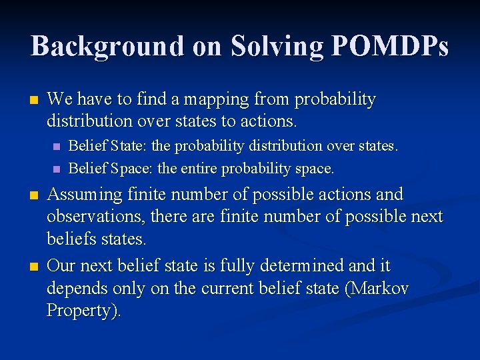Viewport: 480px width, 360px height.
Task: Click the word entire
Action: [x=199, y=169]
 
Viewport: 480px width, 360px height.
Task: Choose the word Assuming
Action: [x=85, y=195]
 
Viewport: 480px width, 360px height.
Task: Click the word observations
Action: [x=96, y=217]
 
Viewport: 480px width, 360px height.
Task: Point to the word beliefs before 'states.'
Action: [x=69, y=238]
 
